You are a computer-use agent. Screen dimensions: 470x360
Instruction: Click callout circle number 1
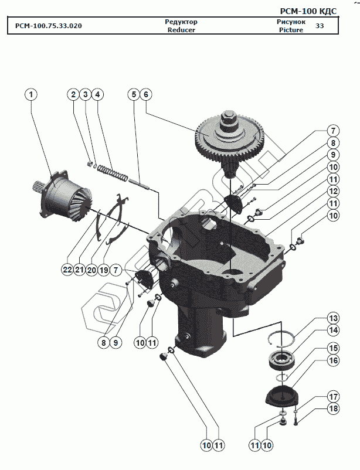click(31, 94)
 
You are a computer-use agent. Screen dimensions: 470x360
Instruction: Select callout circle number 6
click(146, 94)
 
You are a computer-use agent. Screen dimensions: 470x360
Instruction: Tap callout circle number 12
click(333, 191)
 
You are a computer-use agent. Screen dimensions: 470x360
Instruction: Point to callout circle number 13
click(333, 318)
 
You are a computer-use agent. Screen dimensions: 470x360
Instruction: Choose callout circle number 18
click(333, 408)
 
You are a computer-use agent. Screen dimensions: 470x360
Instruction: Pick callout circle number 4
click(97, 94)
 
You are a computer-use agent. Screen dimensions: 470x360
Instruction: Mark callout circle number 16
click(333, 361)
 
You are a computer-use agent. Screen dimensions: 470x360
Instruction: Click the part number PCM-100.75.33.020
click(45, 26)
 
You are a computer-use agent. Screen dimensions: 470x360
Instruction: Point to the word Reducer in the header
click(181, 30)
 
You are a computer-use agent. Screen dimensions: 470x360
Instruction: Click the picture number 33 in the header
click(320, 26)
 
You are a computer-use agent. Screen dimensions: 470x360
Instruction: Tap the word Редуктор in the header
click(181, 22)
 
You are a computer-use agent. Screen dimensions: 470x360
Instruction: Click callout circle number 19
click(104, 270)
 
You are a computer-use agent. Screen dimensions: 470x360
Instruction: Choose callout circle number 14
click(333, 331)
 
